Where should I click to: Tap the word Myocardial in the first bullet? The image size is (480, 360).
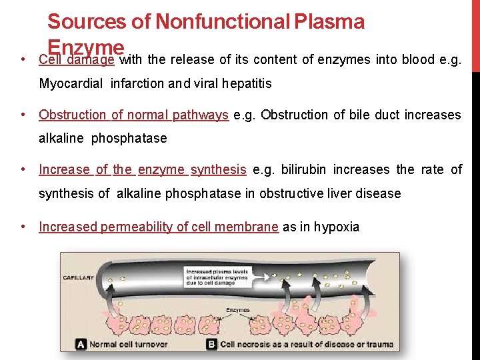[69, 84]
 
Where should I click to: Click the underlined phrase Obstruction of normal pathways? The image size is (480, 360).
[133, 115]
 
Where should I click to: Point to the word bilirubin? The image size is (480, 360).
[303, 169]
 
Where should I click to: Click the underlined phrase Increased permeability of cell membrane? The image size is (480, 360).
[159, 227]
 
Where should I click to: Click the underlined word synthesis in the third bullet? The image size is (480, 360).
[218, 169]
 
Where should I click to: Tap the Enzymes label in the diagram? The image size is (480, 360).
[238, 310]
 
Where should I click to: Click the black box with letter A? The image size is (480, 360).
[81, 344]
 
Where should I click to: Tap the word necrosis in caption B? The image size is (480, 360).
[256, 344]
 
